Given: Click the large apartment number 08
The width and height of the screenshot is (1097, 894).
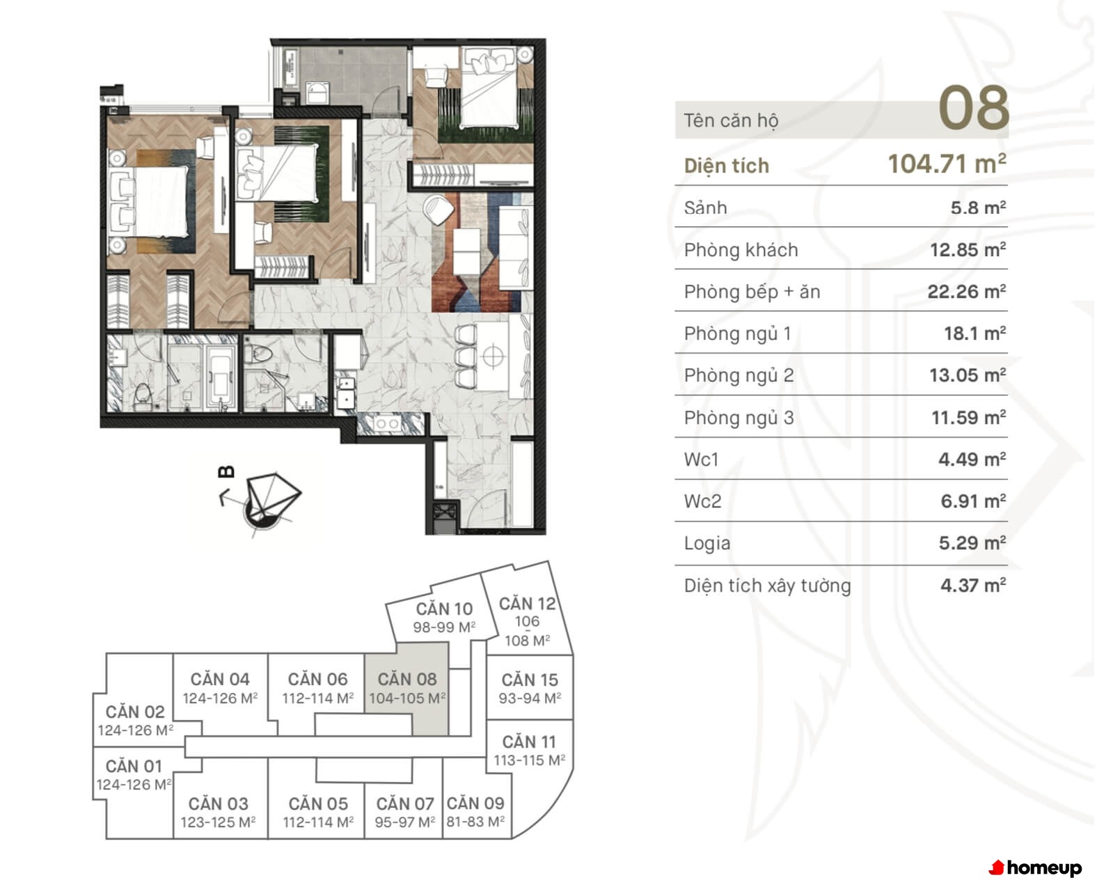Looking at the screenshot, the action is pyautogui.click(x=973, y=108).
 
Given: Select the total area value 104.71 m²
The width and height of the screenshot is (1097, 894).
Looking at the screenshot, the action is pyautogui.click(x=947, y=164).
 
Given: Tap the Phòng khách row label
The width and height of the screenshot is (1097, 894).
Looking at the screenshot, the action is pyautogui.click(x=741, y=250).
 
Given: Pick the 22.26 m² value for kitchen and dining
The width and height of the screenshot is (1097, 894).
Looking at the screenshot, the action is pyautogui.click(x=966, y=292).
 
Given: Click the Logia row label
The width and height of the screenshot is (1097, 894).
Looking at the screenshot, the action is pyautogui.click(x=707, y=544).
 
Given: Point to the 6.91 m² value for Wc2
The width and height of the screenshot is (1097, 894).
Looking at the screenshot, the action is pyautogui.click(x=973, y=501).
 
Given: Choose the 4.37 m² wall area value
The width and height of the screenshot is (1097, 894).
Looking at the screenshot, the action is pyautogui.click(x=973, y=586).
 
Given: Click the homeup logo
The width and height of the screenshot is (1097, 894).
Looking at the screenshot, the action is pyautogui.click(x=1034, y=868).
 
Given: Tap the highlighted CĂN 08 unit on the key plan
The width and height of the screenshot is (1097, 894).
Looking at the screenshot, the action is pyautogui.click(x=407, y=688).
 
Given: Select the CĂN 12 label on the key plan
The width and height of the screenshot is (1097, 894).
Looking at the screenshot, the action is pyautogui.click(x=527, y=604).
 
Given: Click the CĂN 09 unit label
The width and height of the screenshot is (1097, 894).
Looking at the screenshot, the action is pyautogui.click(x=475, y=803).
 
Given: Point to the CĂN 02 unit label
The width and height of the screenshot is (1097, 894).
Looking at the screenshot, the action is pyautogui.click(x=135, y=712).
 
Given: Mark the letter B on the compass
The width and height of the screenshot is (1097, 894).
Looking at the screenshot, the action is pyautogui.click(x=227, y=472).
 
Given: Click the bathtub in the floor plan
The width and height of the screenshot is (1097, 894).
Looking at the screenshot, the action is pyautogui.click(x=221, y=377).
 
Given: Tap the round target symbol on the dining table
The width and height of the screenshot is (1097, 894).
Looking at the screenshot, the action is pyautogui.click(x=493, y=356).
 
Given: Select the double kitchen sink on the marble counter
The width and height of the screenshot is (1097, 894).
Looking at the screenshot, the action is pyautogui.click(x=387, y=424).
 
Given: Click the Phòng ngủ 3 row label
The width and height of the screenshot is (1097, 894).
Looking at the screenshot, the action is pyautogui.click(x=739, y=418).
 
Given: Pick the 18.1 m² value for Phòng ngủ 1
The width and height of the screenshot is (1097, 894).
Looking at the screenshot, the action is pyautogui.click(x=974, y=334).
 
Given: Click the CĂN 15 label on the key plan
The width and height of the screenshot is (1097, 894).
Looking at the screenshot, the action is pyautogui.click(x=530, y=680).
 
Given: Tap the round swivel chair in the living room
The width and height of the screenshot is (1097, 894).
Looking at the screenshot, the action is pyautogui.click(x=439, y=209).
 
